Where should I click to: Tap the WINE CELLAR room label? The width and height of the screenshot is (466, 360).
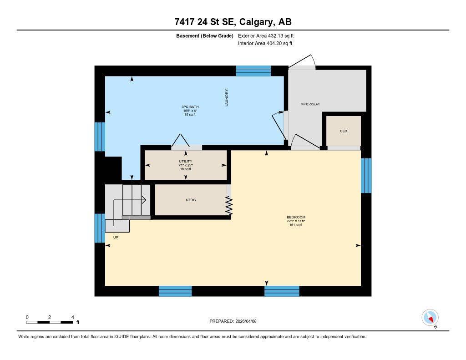click(x=310, y=104)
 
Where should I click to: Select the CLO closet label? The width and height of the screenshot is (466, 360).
click(x=344, y=131)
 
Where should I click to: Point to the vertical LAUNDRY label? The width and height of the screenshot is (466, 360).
click(x=226, y=98)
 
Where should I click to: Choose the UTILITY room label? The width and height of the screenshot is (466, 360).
click(x=185, y=162)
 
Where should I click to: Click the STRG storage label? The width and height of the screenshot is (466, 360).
click(x=191, y=200)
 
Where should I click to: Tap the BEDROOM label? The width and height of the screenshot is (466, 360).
click(x=296, y=217)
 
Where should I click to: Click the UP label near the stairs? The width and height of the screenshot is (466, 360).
click(x=116, y=237)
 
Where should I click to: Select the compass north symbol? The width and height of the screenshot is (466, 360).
click(x=430, y=317)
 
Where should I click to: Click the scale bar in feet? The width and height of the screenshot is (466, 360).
click(x=50, y=322)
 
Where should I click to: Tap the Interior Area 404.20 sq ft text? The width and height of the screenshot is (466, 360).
click(x=265, y=44)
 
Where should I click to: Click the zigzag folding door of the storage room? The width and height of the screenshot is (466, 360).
click(x=229, y=205)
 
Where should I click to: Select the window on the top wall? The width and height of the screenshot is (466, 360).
click(x=253, y=71)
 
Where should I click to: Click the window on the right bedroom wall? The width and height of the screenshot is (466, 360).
click(x=366, y=176)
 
